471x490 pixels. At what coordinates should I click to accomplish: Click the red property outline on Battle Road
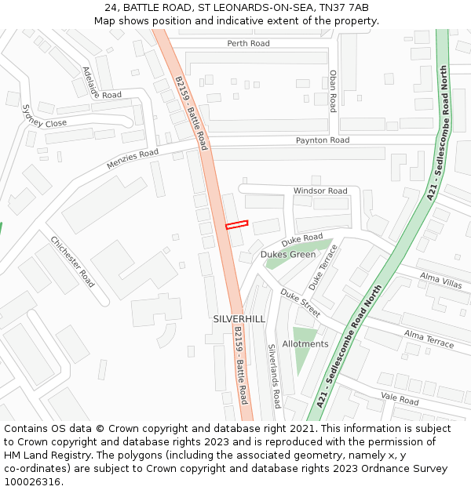tap(236, 225)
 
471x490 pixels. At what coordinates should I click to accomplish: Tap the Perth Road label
tap(248, 43)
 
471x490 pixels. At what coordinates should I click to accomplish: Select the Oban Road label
tap(333, 91)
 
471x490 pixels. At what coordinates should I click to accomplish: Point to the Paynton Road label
tap(322, 140)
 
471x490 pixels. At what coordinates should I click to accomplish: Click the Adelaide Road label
tap(101, 83)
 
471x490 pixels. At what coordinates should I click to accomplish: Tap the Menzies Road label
tap(132, 160)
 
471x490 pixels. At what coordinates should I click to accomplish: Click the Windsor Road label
tap(320, 191)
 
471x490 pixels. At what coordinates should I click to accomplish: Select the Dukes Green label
tap(288, 254)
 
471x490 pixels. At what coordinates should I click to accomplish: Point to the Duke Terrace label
tap(323, 267)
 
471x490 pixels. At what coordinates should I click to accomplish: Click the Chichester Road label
tap(73, 261)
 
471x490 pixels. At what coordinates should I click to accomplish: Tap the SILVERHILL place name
tap(239, 319)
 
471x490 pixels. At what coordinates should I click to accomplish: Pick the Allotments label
tap(305, 344)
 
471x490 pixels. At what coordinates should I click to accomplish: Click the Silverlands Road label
tap(273, 376)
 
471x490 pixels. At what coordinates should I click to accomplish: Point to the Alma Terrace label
tap(429, 339)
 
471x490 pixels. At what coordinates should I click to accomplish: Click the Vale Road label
tap(399, 399)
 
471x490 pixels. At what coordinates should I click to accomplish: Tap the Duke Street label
tap(301, 303)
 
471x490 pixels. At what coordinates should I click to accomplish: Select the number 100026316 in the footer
tap(33, 481)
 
